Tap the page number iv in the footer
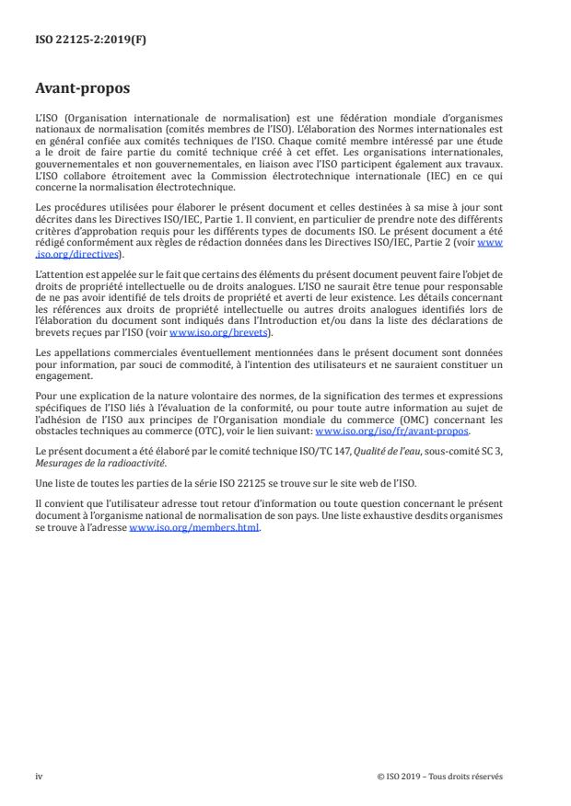[39, 777]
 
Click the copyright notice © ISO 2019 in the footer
[439, 777]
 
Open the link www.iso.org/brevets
[207, 333]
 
